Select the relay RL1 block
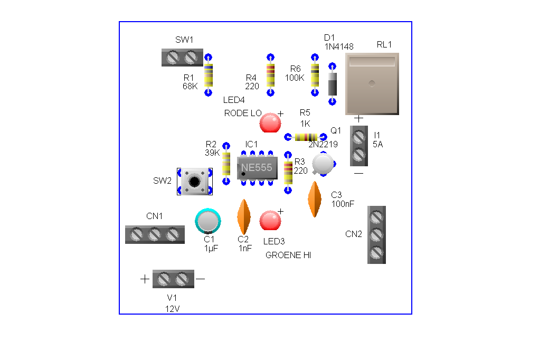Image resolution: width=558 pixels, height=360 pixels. point(372,84)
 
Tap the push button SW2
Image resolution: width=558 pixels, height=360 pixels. point(194,182)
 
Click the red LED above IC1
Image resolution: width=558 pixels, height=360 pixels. point(270,123)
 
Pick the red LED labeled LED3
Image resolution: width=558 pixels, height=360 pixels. point(270,221)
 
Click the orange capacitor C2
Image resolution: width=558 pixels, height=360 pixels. point(243,217)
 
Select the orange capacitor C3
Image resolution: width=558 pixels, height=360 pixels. point(314,199)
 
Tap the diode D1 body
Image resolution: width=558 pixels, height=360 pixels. point(333,83)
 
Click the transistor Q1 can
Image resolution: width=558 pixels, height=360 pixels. point(323,164)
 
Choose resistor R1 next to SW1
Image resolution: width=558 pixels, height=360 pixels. point(209,75)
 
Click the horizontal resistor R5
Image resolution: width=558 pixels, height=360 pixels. point(306,137)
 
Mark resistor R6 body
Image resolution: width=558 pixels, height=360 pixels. point(315,75)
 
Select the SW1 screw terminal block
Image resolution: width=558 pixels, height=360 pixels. point(182,57)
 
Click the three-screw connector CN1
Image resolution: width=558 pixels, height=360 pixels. point(155,234)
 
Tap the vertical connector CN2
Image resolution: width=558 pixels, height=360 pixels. point(376,234)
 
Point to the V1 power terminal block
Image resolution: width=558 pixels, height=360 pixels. point(173,278)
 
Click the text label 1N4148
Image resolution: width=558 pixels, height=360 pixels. point(339,46)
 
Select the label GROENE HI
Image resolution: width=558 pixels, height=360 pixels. point(288,255)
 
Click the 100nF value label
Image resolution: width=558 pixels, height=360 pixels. point(343,203)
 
